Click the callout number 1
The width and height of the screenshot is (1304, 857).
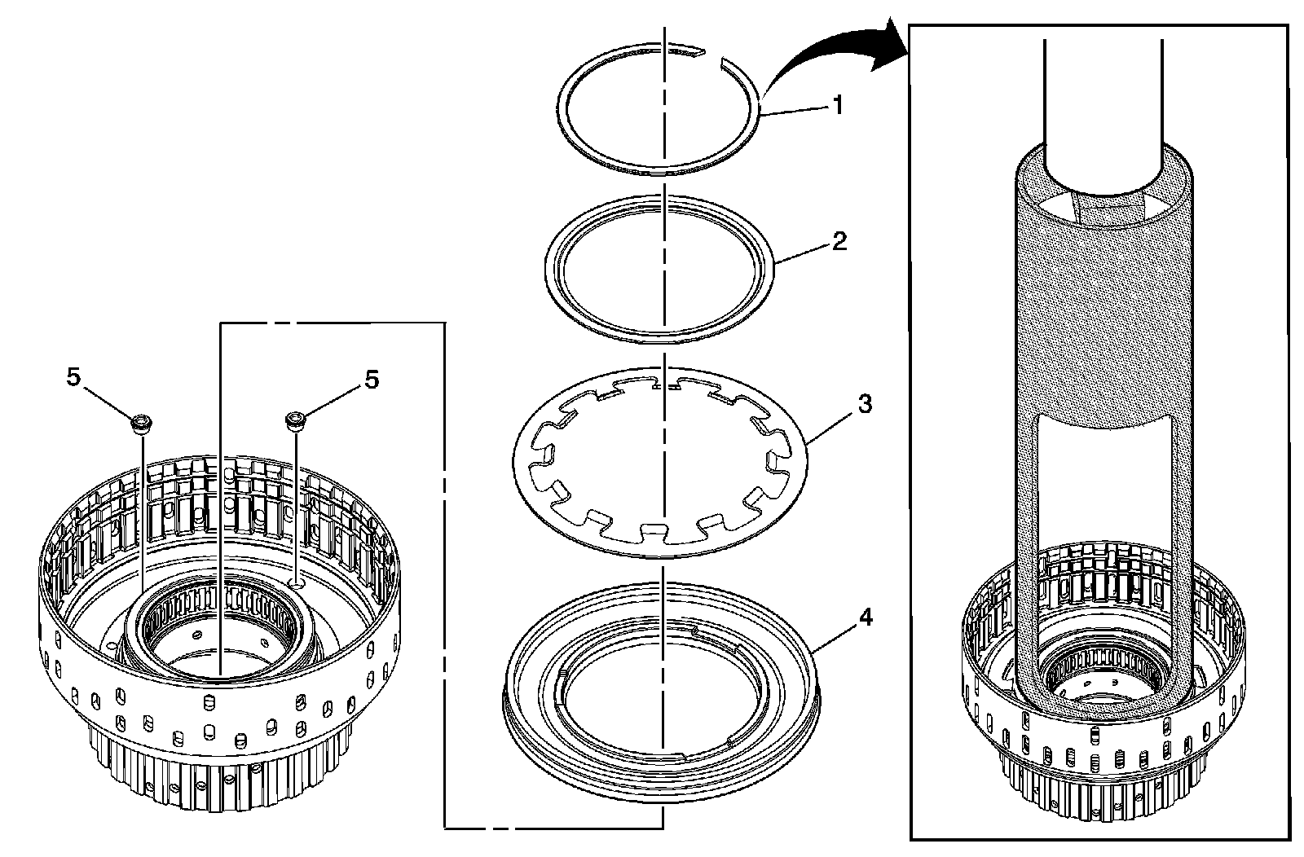(837, 106)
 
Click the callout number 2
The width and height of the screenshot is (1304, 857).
(839, 241)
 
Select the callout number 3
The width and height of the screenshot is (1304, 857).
(866, 404)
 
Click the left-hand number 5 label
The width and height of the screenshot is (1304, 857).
(74, 380)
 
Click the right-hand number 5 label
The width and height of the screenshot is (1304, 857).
(372, 380)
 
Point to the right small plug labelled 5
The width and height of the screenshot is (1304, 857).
(294, 421)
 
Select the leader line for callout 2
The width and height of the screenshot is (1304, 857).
(803, 252)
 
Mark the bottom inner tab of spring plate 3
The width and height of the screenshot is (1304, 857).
(652, 534)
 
